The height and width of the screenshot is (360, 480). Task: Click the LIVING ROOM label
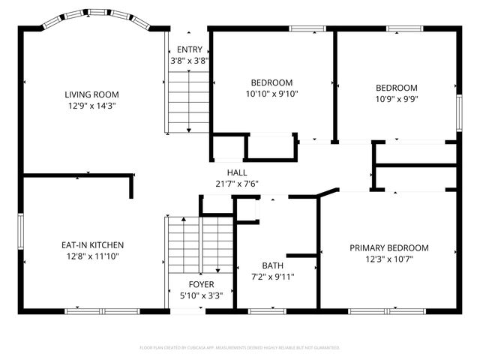coord(92,94)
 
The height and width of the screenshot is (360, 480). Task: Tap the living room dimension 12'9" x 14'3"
coord(92,106)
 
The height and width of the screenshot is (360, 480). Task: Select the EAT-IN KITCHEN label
coord(92,245)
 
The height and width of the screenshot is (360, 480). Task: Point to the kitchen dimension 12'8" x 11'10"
coord(92,256)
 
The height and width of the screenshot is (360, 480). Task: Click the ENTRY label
coord(189,50)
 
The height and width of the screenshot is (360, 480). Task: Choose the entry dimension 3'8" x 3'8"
coord(189,61)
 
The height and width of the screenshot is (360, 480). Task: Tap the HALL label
coord(226,172)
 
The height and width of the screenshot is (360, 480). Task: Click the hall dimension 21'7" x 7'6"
coord(236,184)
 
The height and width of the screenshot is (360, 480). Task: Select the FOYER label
coord(201,284)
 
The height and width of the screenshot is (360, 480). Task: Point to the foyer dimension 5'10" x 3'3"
coord(201,295)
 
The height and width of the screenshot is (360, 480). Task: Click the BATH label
coord(272,265)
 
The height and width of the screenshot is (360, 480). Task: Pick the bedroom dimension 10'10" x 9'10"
coord(271,94)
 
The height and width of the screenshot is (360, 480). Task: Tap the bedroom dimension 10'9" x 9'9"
coord(396,98)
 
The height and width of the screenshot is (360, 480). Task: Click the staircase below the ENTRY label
coord(187,100)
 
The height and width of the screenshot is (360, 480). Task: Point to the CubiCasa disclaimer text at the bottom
coord(240,348)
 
